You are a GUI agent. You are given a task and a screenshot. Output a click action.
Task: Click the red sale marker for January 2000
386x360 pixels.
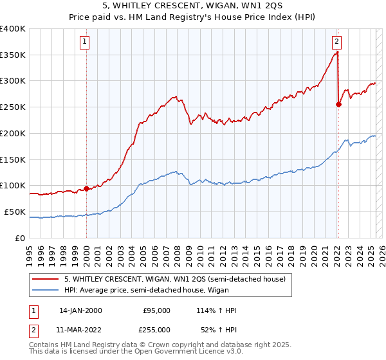coord(86,188)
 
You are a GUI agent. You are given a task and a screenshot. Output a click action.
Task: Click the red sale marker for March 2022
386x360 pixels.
coord(338,105)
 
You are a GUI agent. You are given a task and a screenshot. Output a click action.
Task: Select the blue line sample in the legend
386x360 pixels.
coord(44,290)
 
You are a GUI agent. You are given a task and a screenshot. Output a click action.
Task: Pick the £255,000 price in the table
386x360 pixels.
coord(156,329)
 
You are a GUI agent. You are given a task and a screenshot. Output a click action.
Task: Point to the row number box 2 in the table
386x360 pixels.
coord(33,329)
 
